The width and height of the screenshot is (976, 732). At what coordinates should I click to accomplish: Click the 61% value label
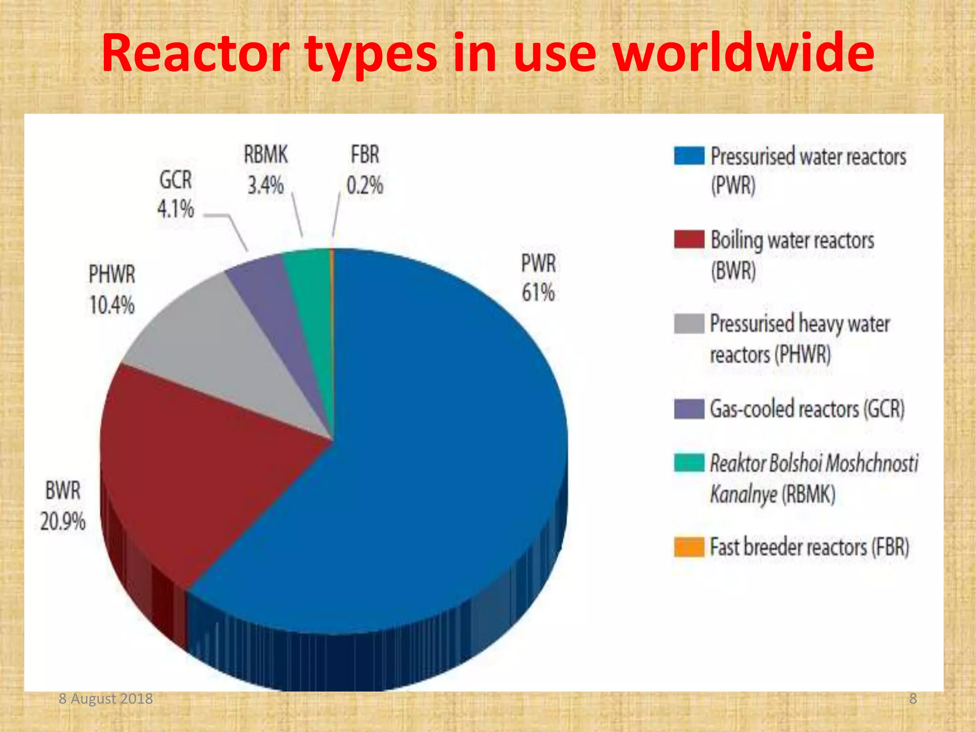click(x=538, y=293)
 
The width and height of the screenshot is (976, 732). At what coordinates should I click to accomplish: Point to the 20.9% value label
click(x=63, y=521)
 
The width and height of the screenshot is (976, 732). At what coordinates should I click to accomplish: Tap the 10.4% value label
click(x=112, y=305)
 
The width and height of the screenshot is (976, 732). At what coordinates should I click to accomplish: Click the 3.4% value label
click(x=265, y=185)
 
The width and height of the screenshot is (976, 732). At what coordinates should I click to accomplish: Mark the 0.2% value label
click(x=365, y=185)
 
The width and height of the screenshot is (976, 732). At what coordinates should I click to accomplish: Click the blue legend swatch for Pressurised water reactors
click(x=689, y=156)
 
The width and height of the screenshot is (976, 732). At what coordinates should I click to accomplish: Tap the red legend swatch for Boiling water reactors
click(x=689, y=239)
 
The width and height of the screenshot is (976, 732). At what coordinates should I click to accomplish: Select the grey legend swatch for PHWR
click(x=689, y=324)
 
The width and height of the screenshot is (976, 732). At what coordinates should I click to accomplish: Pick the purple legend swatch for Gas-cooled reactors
click(x=689, y=408)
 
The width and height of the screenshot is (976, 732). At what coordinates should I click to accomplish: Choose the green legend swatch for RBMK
click(x=689, y=463)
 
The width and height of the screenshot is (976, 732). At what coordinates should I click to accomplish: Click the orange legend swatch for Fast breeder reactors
click(x=689, y=547)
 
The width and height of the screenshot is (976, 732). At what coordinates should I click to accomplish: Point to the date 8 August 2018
click(x=106, y=699)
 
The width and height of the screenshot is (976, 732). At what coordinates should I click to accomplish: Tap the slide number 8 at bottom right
click(x=913, y=699)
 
